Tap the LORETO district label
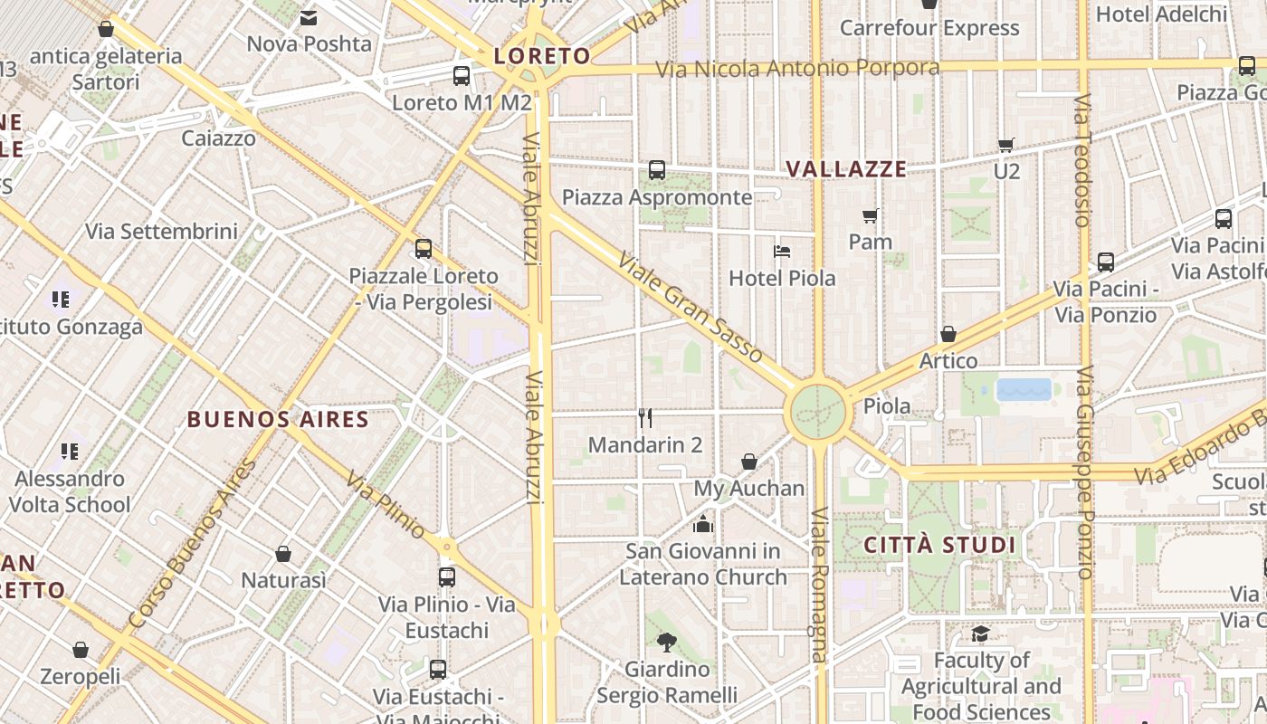[x=541, y=56]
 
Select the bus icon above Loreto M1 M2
[x=462, y=76]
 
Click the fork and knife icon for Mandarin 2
[x=645, y=418]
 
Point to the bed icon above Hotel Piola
[x=782, y=251]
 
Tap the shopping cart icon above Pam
[x=871, y=215]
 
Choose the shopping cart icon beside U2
[x=1005, y=145]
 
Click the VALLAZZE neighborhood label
[x=846, y=169]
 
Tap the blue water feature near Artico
[x=1024, y=389]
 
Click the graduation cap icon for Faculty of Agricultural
[x=980, y=633]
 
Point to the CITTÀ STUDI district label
[x=940, y=545]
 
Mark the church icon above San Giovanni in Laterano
[x=702, y=524]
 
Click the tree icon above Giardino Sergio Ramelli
[x=667, y=643]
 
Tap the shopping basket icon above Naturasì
[x=283, y=554]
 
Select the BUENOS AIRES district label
[x=278, y=419]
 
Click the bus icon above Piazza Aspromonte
[x=657, y=170]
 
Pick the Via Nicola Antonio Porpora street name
[x=797, y=69]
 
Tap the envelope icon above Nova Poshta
[x=309, y=17]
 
